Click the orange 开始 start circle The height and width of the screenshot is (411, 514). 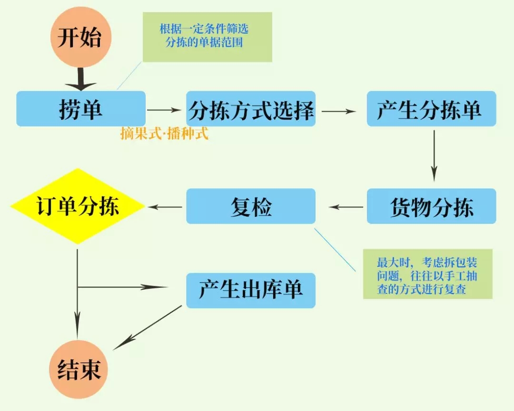click(x=79, y=38)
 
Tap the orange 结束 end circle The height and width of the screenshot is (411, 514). click(x=79, y=370)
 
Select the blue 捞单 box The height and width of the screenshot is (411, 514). click(x=81, y=109)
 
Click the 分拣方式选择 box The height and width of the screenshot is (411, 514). click(x=251, y=109)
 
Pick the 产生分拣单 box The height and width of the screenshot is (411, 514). click(x=431, y=109)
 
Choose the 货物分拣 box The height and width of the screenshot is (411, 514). click(x=431, y=206)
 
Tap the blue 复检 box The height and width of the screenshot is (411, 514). click(x=251, y=206)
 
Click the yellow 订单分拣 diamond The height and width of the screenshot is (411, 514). click(x=78, y=206)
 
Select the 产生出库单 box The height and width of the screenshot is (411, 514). click(x=251, y=291)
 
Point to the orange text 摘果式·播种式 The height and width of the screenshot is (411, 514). click(x=165, y=134)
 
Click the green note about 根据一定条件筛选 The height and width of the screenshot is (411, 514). click(x=208, y=37)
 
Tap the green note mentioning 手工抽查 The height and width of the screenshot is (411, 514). click(x=427, y=274)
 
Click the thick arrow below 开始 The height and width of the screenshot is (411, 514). click(x=80, y=79)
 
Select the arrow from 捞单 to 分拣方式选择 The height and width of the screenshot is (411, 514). click(x=165, y=110)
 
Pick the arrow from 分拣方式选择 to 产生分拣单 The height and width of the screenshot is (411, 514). click(x=339, y=111)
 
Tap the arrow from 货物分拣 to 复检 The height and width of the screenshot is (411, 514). click(x=346, y=207)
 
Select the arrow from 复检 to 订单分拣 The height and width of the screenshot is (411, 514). click(x=165, y=207)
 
